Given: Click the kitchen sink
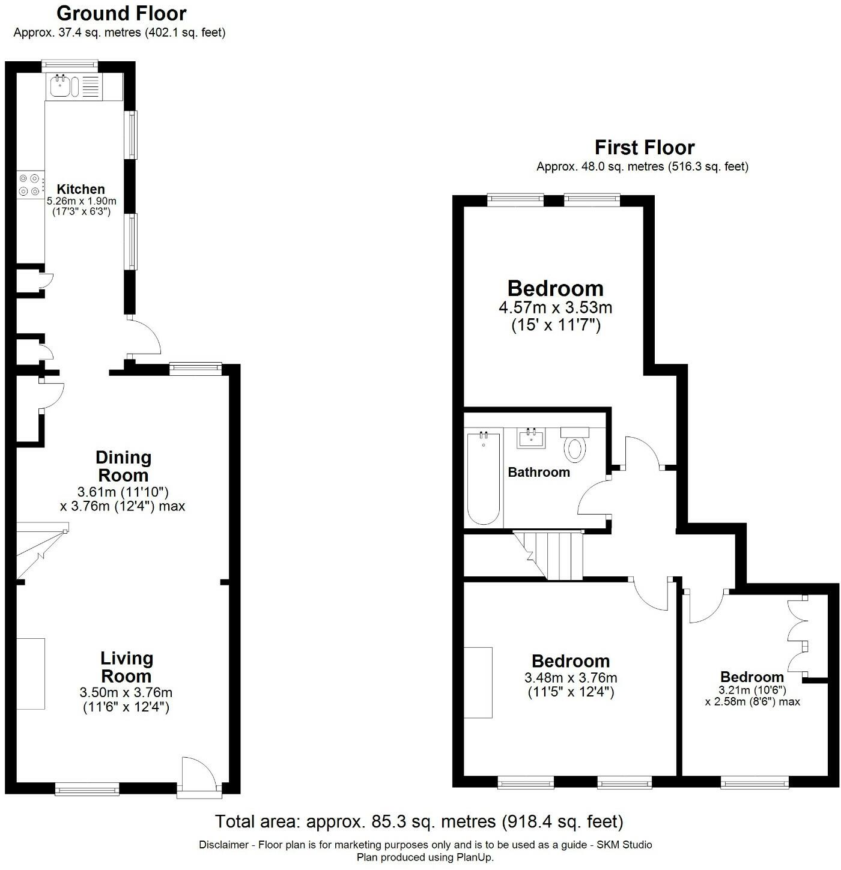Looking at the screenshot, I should (61, 86).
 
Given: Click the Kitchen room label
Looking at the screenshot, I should (80, 189).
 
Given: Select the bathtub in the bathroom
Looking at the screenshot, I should (484, 477).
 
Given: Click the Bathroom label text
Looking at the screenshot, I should (539, 472).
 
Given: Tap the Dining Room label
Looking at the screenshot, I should (123, 466).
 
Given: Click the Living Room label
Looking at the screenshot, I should (126, 666).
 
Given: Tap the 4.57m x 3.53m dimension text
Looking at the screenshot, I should (555, 308).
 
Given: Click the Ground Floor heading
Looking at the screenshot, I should (121, 13).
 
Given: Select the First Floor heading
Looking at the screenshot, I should (644, 147).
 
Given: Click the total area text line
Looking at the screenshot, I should (419, 821).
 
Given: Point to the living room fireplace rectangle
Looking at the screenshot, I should (31, 673).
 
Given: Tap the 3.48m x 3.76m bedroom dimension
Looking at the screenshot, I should (571, 678).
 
